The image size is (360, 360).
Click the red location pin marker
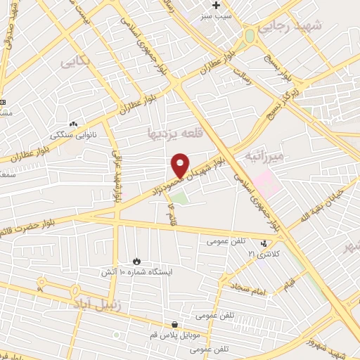coord(181,165)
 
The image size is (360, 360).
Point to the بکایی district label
coord(77,61)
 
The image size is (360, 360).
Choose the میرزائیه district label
coord(263,155)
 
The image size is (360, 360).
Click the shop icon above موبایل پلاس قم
coord(174,324)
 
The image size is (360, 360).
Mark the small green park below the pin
coord(181,198)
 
